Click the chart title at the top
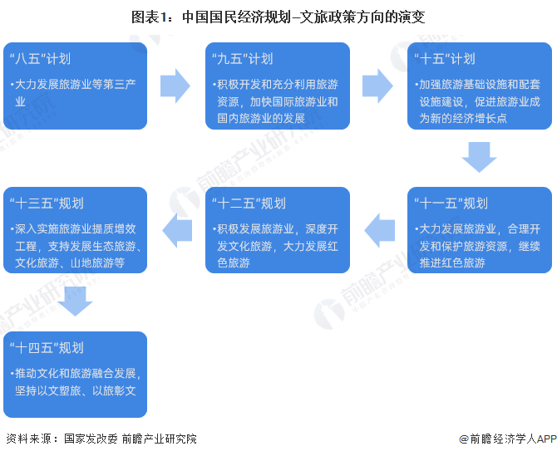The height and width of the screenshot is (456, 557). tap(278, 16)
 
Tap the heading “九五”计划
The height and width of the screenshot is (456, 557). tap(243, 59)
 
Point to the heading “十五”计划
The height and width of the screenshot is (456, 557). tap(445, 59)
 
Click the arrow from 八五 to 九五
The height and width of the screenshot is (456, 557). tap(175, 86)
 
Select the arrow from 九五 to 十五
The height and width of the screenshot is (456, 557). tap(377, 86)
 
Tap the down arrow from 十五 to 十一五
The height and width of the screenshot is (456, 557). tap(479, 157)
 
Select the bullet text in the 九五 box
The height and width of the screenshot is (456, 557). tap(277, 101)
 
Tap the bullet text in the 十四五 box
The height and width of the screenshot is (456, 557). tap(76, 381)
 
